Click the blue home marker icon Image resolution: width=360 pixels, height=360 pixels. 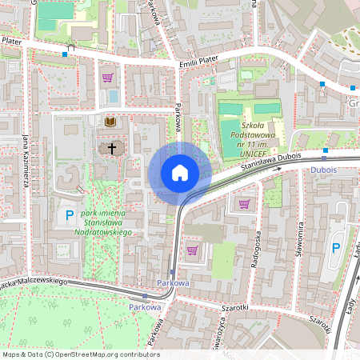(179, 173)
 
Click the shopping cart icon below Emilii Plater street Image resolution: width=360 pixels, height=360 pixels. (107, 78)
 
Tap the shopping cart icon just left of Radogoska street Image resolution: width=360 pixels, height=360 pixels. (244, 203)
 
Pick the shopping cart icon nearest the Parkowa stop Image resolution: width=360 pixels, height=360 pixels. (192, 250)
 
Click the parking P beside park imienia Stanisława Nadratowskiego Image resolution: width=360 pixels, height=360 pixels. (69, 214)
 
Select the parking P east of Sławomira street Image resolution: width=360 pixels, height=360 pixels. (336, 248)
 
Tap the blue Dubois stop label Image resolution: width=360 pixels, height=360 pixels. (323, 170)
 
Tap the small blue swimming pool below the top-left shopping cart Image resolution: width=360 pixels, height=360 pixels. (114, 95)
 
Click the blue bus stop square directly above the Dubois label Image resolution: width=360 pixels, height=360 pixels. (325, 150)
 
